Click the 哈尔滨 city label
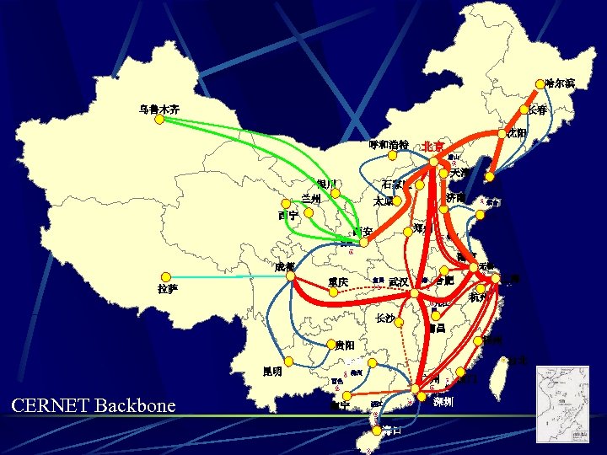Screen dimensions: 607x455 [x=560, y=83]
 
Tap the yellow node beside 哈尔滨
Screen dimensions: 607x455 [x=540, y=84]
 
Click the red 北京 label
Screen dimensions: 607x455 [x=435, y=146]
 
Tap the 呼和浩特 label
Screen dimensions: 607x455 [x=389, y=145]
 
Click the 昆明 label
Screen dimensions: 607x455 [x=272, y=372]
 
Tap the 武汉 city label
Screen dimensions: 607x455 [x=399, y=281]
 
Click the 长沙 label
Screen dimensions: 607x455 [x=385, y=318]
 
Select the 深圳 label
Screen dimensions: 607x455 [x=443, y=402]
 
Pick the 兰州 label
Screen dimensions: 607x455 [x=311, y=199]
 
